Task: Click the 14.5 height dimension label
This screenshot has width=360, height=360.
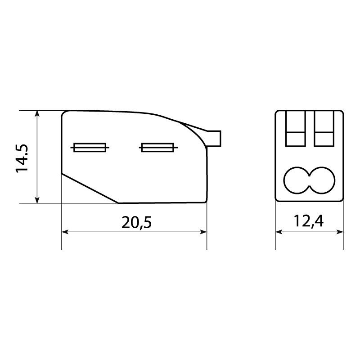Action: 22,158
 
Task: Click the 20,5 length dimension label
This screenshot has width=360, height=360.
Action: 137,222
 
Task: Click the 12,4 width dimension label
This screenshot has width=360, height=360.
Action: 309,221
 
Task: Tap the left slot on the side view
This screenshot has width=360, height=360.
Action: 90,148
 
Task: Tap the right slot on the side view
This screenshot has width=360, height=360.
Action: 158,148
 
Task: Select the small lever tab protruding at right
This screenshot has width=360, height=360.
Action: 214,139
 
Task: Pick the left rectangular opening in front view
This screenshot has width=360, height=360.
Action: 296,128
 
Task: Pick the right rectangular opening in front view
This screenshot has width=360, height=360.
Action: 324,128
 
